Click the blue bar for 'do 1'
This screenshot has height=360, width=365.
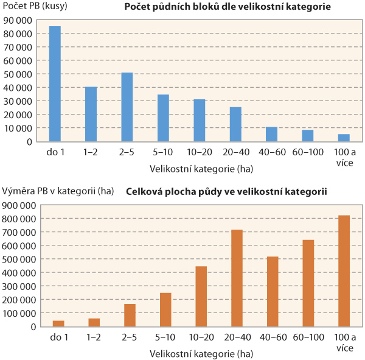point(55,84)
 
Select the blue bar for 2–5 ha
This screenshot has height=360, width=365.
point(127,107)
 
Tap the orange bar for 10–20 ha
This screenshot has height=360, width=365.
point(200,296)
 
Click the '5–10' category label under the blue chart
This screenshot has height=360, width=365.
point(164,150)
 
